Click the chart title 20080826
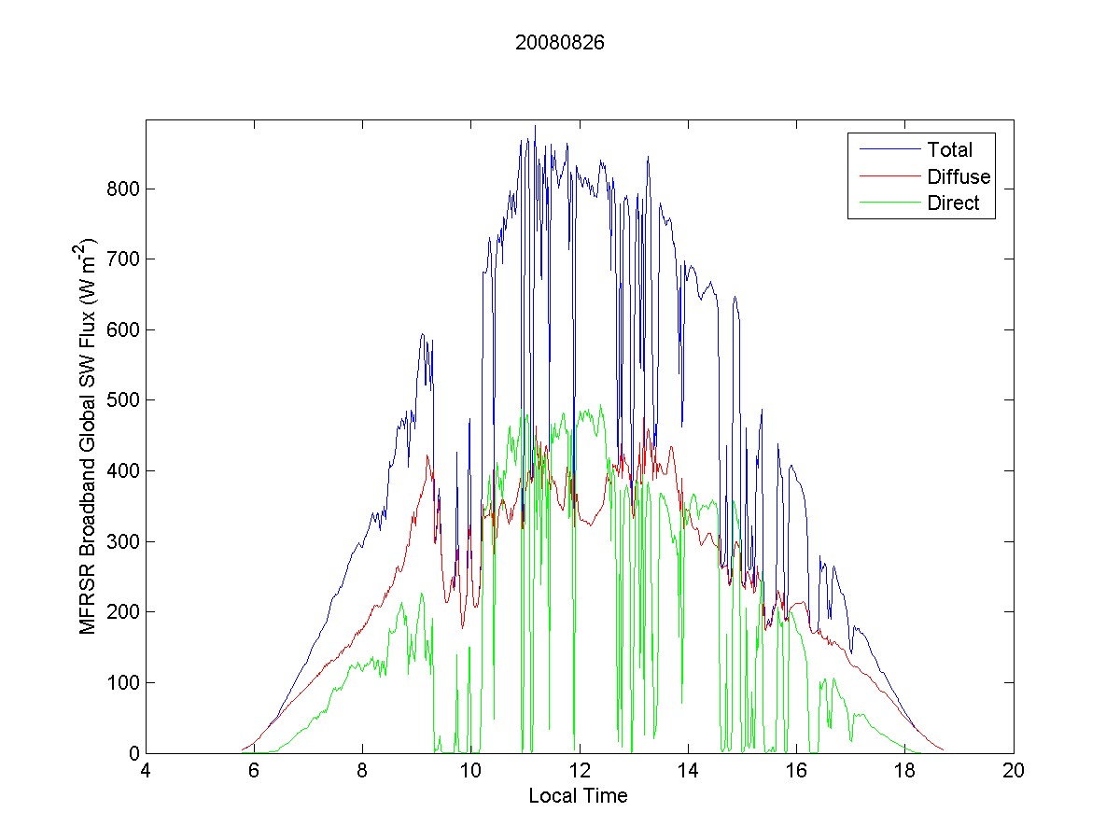[x=560, y=43]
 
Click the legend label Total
[x=949, y=150]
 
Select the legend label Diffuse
[x=959, y=177]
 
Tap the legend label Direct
[x=953, y=204]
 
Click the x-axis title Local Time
[x=579, y=796]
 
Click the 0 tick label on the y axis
[x=133, y=753]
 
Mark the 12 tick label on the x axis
[x=580, y=772]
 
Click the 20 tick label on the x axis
[x=1013, y=772]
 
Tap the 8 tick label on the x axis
[x=363, y=772]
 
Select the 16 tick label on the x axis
[x=796, y=772]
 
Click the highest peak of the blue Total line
[x=535, y=126]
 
